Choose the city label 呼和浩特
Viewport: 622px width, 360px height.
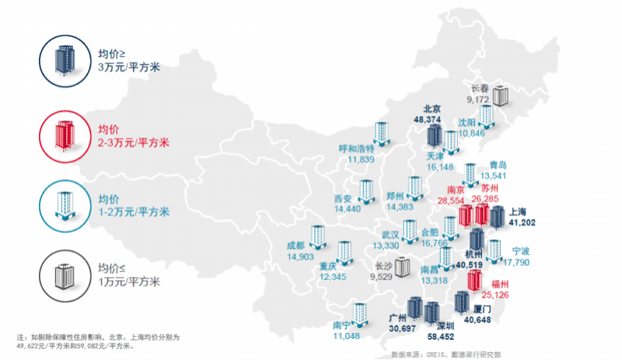(358, 149)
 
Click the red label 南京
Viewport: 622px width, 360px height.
(456, 190)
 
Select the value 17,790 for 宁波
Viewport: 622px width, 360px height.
(517, 262)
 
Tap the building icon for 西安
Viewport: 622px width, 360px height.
(365, 190)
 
